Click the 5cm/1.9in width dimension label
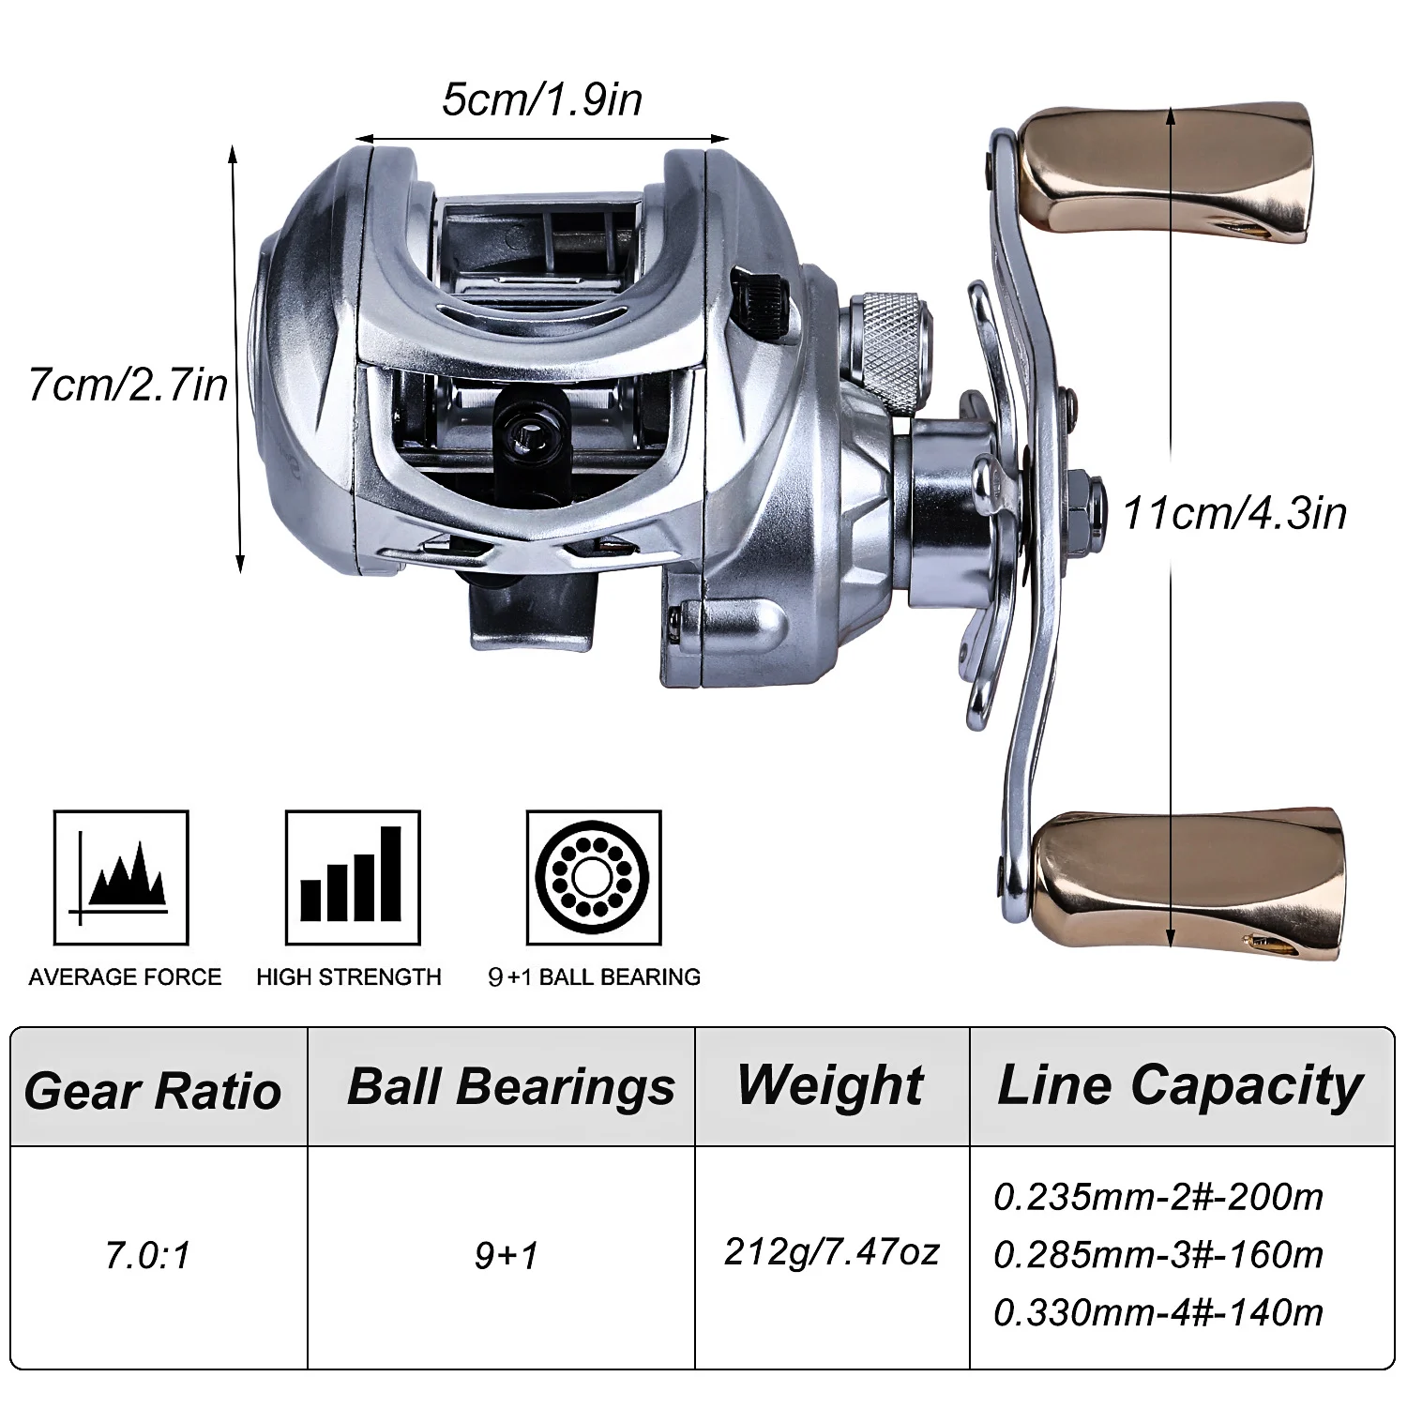coord(542,99)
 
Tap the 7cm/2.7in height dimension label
coord(129,385)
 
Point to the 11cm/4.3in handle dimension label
coord(1234,513)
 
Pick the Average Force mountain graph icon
coord(122,878)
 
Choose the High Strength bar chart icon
coord(353,878)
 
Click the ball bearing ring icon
coord(594,878)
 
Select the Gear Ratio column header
coord(153,1090)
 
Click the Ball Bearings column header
coord(510,1086)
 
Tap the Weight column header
coord(830,1085)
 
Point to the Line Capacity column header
coord(1180,1085)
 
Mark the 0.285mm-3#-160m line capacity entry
coord(1157,1254)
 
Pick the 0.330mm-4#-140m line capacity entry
coord(1157,1311)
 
